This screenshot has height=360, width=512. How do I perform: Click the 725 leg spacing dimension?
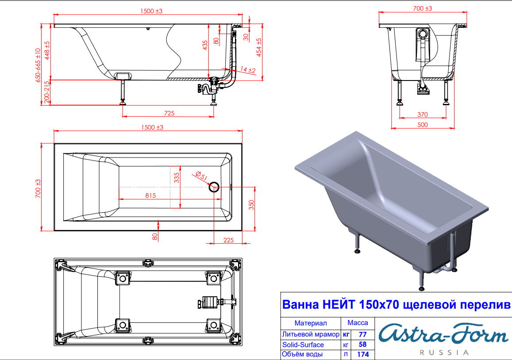tap(169, 113)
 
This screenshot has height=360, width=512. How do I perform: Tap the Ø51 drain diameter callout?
tap(201, 176)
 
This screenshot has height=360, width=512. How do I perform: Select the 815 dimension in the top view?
tap(150, 195)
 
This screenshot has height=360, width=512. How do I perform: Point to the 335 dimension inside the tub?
tap(177, 178)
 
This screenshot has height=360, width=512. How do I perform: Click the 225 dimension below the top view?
tap(229, 240)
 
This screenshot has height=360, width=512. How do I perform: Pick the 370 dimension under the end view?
tap(423, 115)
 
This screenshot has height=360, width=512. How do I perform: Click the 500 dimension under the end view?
tap(423, 125)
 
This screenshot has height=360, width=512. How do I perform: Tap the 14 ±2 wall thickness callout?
tap(248, 69)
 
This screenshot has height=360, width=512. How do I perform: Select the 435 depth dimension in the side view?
tap(205, 45)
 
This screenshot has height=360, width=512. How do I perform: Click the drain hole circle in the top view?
tap(214, 187)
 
